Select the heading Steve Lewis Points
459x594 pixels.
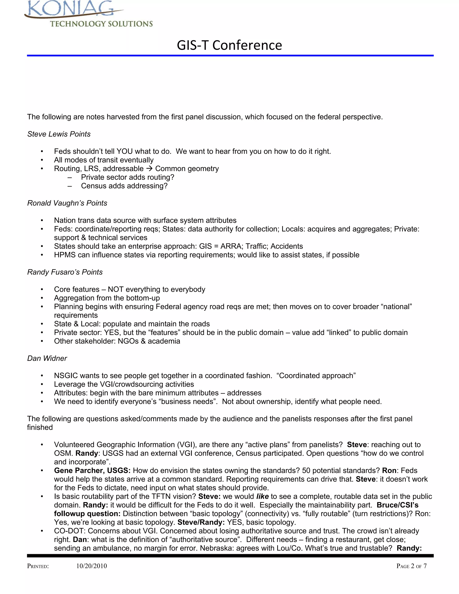pos(59,134)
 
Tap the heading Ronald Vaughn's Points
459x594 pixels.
pos(67,203)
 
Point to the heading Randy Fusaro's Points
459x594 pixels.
pos(65,272)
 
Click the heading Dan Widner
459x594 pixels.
pos(47,358)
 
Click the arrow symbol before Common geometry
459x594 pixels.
pos(149,169)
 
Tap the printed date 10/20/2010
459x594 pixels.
pos(91,566)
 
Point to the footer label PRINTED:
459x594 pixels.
pos(38,566)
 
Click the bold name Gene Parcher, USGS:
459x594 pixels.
pos(92,471)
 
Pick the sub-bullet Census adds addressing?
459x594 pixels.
pos(124,186)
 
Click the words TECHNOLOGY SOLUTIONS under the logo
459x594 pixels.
pos(101,24)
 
